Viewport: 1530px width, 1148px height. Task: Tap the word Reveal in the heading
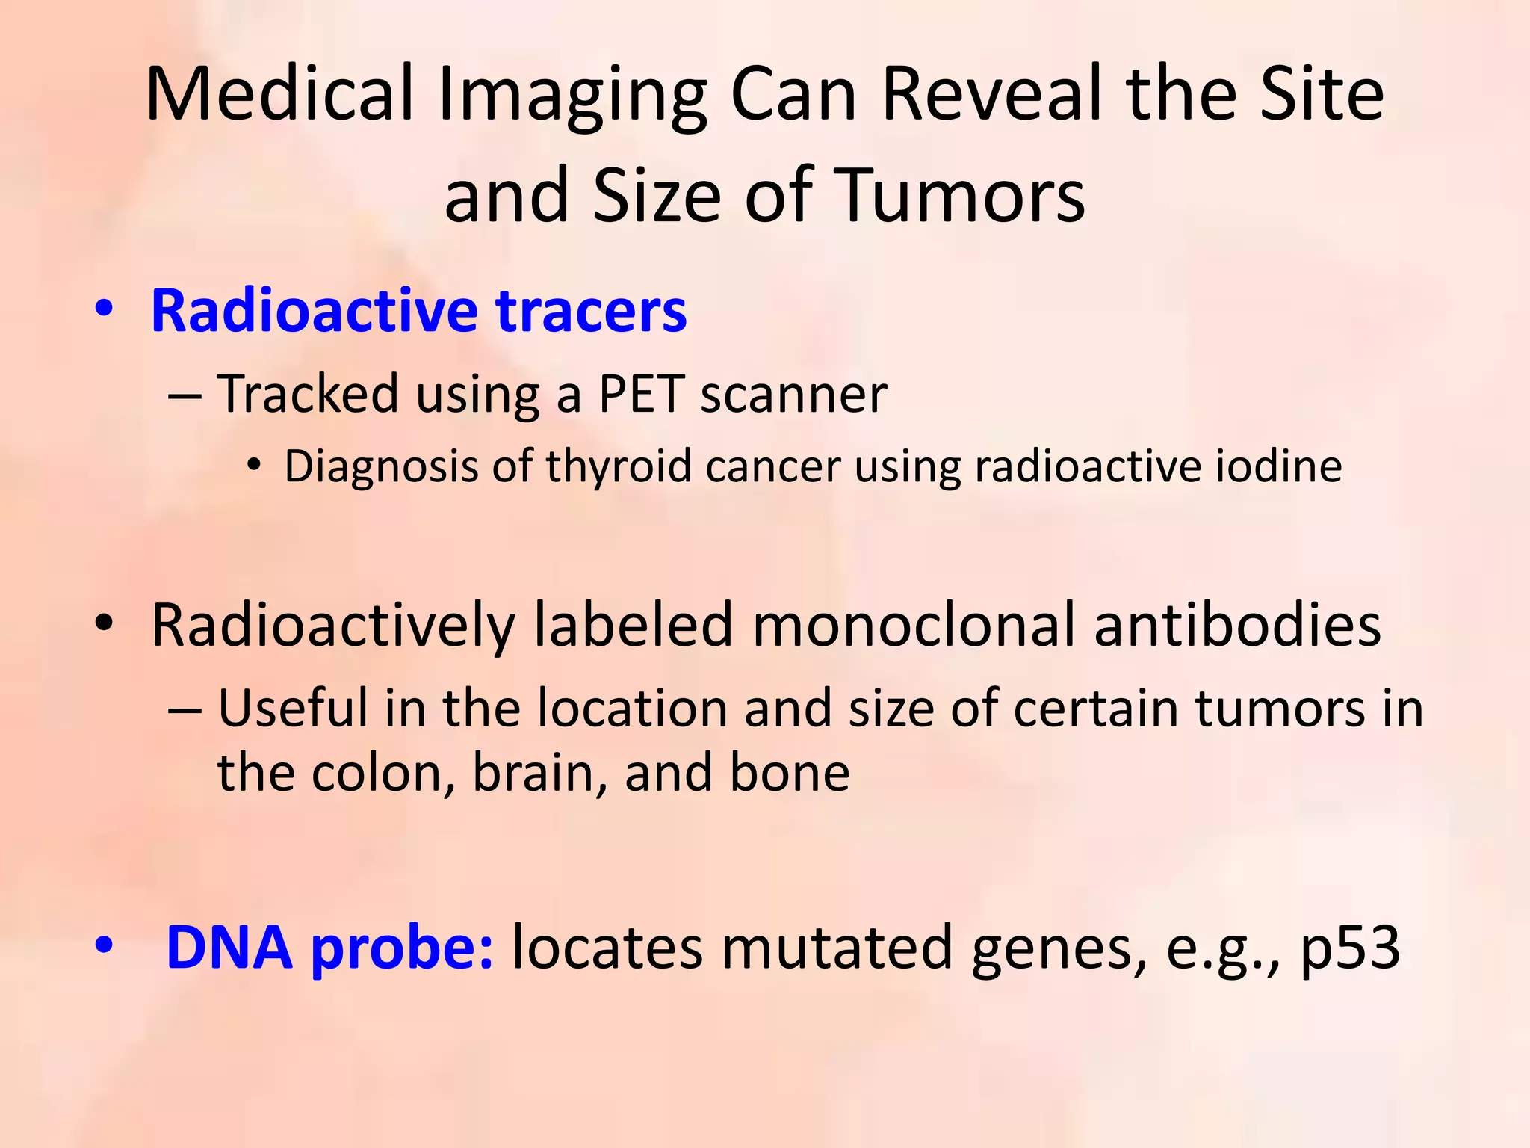(x=993, y=95)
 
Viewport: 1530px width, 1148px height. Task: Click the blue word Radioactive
(x=314, y=311)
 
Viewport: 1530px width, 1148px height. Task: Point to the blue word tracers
(x=591, y=311)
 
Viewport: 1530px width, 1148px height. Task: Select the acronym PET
(x=641, y=394)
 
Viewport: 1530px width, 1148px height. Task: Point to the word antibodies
(x=1237, y=625)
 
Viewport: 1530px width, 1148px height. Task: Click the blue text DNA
(x=229, y=948)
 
